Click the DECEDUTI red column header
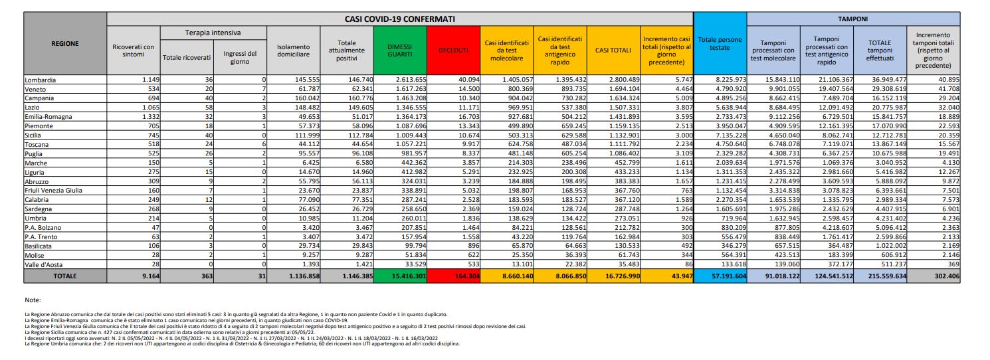pos(454,50)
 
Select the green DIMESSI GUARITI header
pos(399,50)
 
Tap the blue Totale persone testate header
pos(720,43)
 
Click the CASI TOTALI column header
pos(613,50)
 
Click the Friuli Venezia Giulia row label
pos(53,191)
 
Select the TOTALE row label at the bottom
pos(65,276)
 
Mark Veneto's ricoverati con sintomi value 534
pos(145,89)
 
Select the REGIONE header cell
pos(65,44)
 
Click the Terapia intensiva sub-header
pos(213,33)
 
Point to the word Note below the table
pos(33,300)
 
